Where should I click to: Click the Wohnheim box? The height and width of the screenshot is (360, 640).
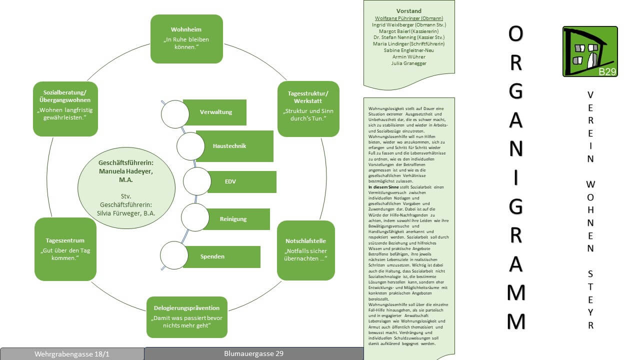coord(186,39)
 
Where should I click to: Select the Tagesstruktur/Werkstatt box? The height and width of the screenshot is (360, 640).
coord(308,109)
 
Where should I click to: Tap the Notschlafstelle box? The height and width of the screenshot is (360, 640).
coord(305,250)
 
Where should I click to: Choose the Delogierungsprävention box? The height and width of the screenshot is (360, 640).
coord(186,317)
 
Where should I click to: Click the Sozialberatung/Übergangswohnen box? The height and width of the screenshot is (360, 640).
coord(65,109)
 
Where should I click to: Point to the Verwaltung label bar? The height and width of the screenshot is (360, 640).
coord(215,112)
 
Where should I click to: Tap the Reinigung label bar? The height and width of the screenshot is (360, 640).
coord(233,219)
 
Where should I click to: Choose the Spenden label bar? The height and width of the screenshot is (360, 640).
coord(221,256)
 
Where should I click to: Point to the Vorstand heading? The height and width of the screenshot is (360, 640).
coord(409,11)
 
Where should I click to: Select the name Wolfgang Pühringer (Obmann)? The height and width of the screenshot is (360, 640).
coord(409,18)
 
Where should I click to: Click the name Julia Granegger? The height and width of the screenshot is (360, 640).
coord(409,63)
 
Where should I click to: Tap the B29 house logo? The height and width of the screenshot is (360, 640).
coord(590,51)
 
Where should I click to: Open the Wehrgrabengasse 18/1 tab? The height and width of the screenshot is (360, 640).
coord(72,354)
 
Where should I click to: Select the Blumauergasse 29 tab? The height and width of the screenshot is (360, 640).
coord(253,353)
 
